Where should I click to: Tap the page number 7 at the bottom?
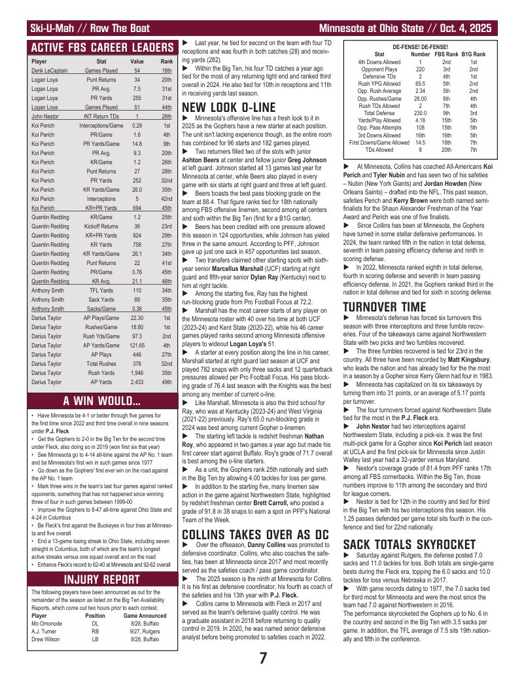(x=262, y=658)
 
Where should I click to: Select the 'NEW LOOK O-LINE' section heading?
(x=226, y=107)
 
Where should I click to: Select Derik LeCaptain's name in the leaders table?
(x=49, y=70)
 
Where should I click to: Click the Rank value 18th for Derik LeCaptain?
(x=166, y=70)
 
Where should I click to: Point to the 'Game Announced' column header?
(x=145, y=616)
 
